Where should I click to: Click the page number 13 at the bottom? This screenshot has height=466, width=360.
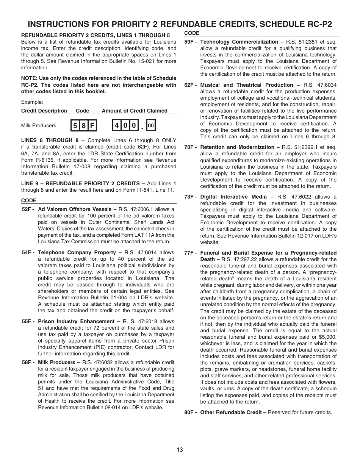click(x=180, y=450)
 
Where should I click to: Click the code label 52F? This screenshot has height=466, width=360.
click(x=28, y=209)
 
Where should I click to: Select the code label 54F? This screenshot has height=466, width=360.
click(x=28, y=252)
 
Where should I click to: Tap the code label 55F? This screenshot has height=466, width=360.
click(x=28, y=321)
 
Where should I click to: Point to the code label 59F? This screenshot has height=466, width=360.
click(x=190, y=42)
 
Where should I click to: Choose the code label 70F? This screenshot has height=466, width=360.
click(x=190, y=147)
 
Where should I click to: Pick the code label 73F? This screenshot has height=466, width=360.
click(x=190, y=197)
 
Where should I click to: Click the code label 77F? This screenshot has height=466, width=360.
click(x=190, y=253)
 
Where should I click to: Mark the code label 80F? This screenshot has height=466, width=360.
click(x=190, y=412)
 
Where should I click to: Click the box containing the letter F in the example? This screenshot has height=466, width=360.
click(x=92, y=125)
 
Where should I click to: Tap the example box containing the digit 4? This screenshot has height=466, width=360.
click(x=117, y=125)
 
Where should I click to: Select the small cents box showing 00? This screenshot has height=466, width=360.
click(x=151, y=125)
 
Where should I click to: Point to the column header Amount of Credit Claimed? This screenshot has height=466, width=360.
click(x=134, y=111)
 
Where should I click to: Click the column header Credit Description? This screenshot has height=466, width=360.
click(x=44, y=111)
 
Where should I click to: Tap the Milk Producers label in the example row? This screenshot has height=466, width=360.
click(x=39, y=126)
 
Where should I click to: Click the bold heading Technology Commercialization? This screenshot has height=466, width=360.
click(x=239, y=42)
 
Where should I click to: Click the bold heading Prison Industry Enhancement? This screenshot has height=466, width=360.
click(x=76, y=321)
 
